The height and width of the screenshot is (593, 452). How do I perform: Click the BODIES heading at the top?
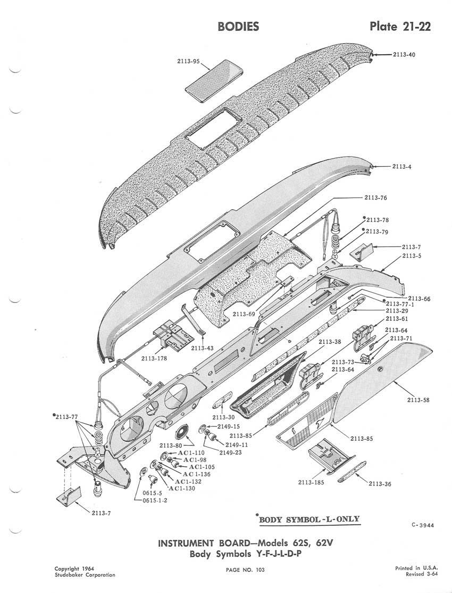click(238, 27)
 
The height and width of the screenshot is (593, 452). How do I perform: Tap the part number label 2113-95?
click(188, 61)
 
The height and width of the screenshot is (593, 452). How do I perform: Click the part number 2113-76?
click(376, 197)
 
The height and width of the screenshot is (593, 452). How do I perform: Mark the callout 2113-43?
click(202, 348)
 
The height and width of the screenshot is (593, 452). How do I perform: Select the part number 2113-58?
click(418, 400)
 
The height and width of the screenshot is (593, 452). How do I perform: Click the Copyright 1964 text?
click(74, 569)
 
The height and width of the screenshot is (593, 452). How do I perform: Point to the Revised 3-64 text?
click(418, 575)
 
